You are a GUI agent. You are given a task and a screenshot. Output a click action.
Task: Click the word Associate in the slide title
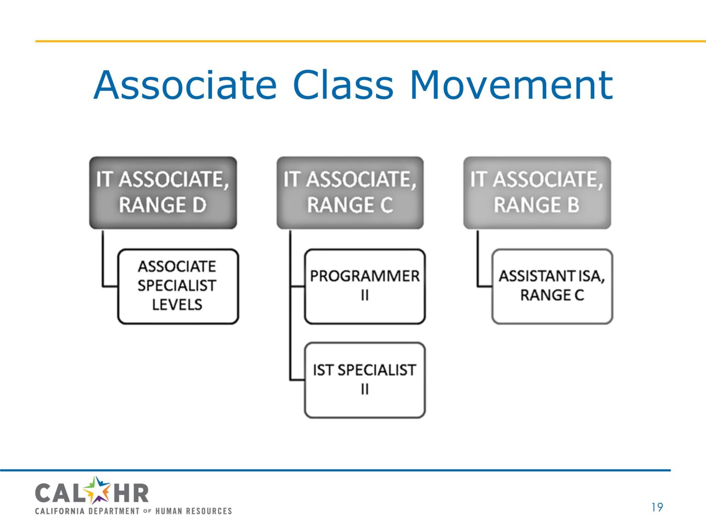click(x=185, y=85)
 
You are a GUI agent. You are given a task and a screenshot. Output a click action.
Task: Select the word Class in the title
click(x=343, y=85)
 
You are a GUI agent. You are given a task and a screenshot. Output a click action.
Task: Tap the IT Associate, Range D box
click(x=163, y=192)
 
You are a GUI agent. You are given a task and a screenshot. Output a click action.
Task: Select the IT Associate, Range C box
click(x=350, y=192)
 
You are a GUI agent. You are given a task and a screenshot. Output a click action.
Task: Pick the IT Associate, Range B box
click(x=537, y=192)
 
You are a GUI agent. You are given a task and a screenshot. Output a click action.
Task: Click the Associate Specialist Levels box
click(x=178, y=286)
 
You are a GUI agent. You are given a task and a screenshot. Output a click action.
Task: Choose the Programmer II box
click(x=364, y=286)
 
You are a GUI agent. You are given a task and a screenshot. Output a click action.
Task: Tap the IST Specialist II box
click(x=364, y=380)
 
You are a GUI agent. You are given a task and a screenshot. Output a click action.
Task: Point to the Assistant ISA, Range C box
click(x=552, y=286)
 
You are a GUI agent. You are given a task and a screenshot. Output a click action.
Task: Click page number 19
click(x=657, y=507)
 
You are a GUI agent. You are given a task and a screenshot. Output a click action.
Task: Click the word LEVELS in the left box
click(x=177, y=305)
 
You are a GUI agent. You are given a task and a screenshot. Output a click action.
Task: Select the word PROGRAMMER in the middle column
click(x=364, y=276)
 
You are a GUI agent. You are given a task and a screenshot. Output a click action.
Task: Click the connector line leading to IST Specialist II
click(x=296, y=380)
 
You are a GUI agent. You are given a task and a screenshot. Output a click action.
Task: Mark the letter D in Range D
click(x=199, y=205)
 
